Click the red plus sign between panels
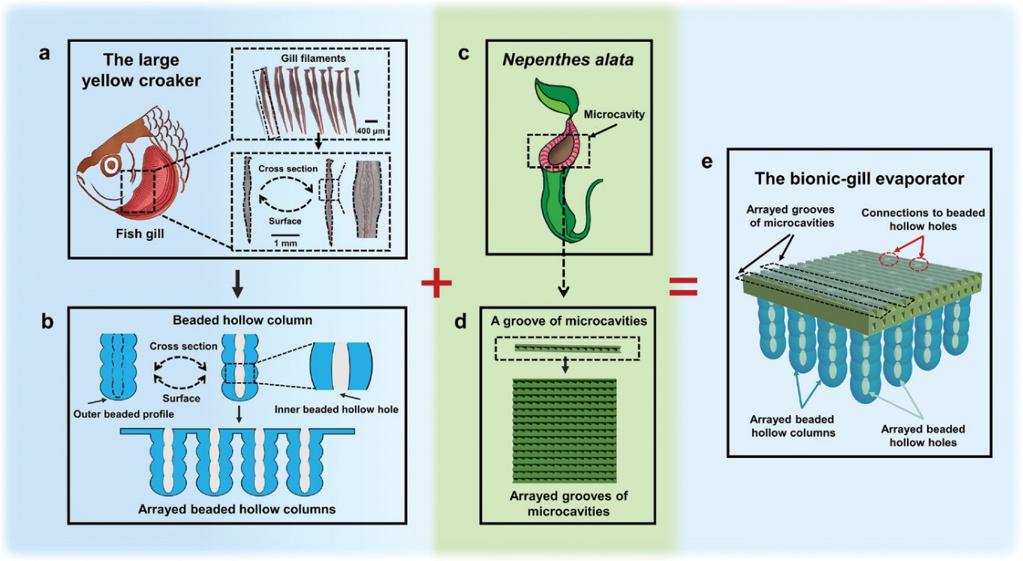click(x=436, y=284)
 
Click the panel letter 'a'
click(x=46, y=55)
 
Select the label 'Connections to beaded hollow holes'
click(x=922, y=219)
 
